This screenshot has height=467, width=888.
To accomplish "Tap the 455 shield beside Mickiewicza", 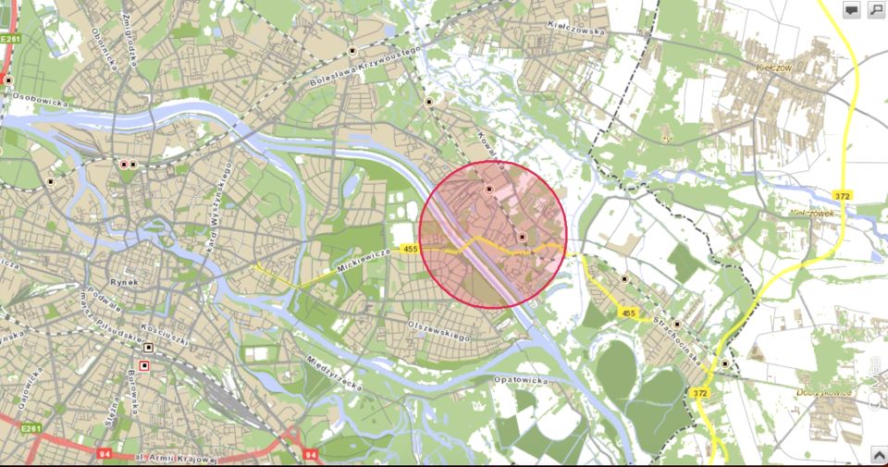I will [x=411, y=249].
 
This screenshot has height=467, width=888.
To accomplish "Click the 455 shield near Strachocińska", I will [x=629, y=313].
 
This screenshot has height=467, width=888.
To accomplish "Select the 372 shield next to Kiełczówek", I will [x=844, y=195].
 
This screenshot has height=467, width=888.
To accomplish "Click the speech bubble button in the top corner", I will [x=851, y=9].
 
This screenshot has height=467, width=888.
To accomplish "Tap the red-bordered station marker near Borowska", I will [x=144, y=365].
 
